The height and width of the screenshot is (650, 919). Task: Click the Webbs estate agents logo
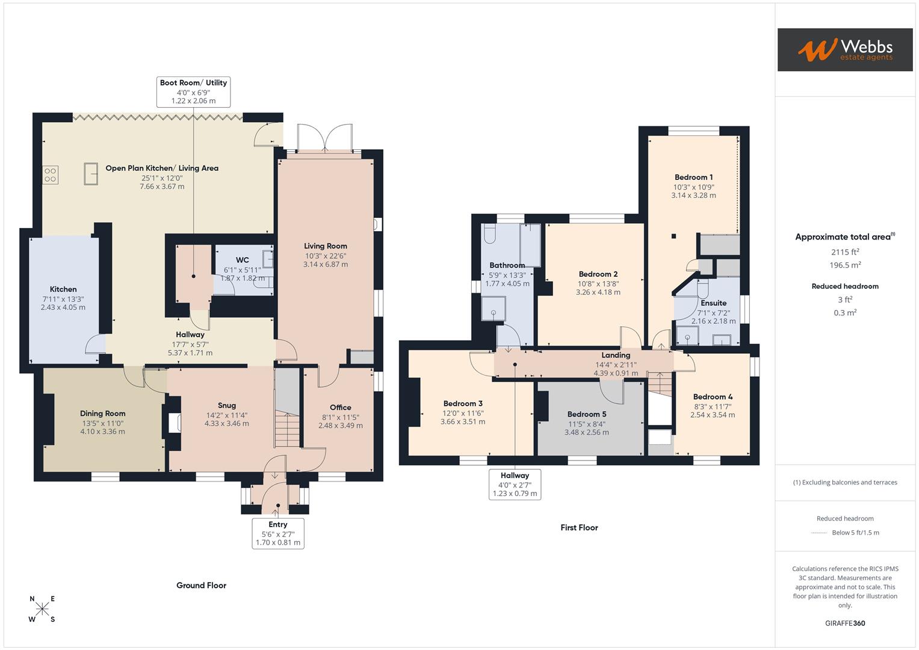(x=844, y=49)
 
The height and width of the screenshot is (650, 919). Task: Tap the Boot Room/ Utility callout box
(x=193, y=91)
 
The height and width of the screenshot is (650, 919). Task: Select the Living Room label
(x=325, y=246)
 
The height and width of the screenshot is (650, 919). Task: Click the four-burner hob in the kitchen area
(x=51, y=175)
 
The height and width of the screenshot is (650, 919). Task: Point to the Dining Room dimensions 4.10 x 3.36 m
(x=102, y=432)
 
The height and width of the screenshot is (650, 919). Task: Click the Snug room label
(x=226, y=406)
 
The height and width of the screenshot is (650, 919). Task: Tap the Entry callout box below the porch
(x=278, y=533)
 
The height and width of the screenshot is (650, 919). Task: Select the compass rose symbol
(x=42, y=609)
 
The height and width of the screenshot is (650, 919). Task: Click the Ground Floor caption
(x=201, y=586)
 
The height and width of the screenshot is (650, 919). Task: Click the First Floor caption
(x=579, y=528)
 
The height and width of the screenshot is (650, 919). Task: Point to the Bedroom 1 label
(x=693, y=178)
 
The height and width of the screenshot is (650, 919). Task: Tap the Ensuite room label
(x=713, y=303)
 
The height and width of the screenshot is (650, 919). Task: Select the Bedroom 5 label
(x=587, y=414)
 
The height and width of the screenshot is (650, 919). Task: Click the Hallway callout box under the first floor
(x=515, y=484)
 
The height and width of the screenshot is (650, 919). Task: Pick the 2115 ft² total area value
(x=845, y=252)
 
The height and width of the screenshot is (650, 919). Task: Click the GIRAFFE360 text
(x=845, y=624)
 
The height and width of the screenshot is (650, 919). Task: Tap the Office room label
(x=340, y=408)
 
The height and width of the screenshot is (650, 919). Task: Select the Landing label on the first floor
(x=616, y=355)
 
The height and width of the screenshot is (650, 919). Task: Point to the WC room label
(x=242, y=261)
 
